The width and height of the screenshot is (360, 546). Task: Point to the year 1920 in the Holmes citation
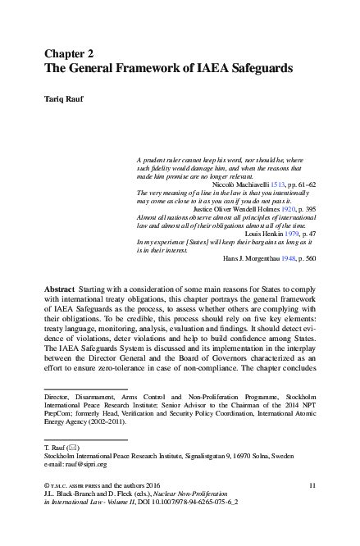click(x=283, y=209)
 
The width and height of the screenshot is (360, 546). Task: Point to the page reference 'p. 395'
click(x=304, y=209)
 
